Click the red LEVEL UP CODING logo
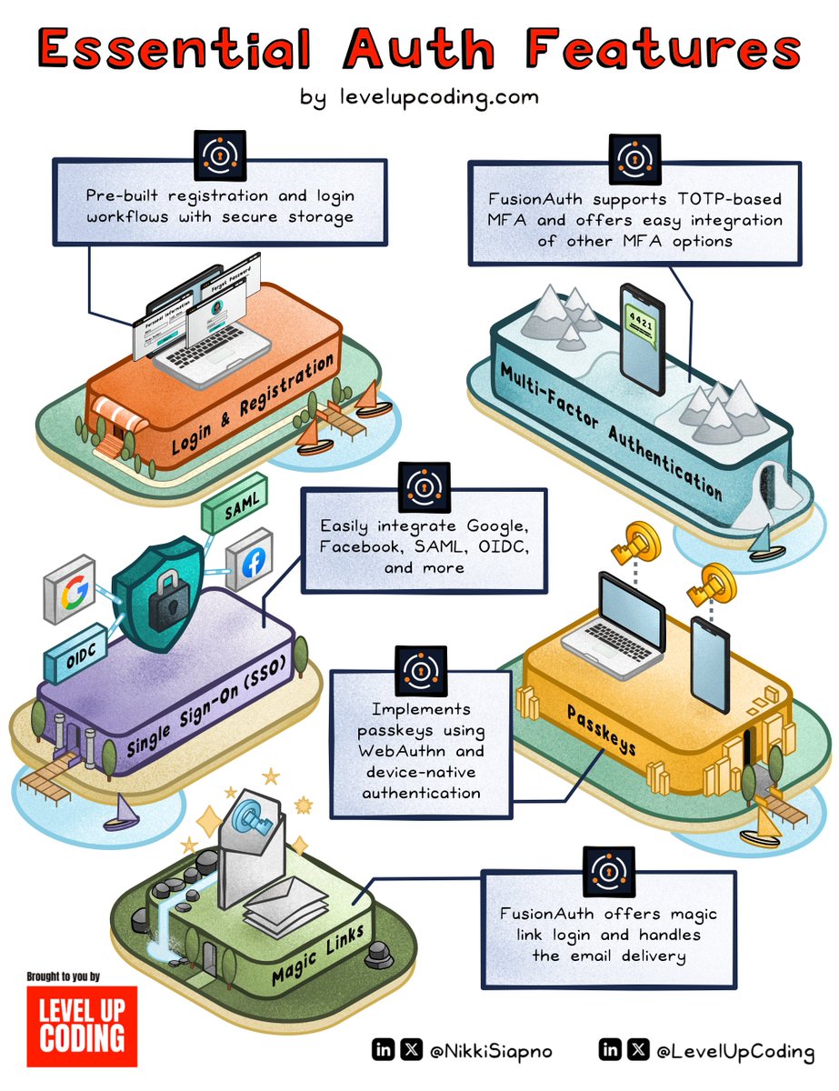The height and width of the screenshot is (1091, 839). [x=82, y=1026]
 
